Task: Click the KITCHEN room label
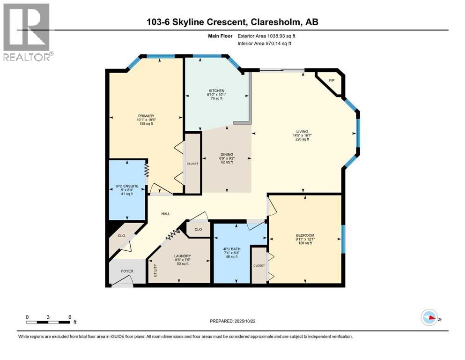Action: click(217, 90)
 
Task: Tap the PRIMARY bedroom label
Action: click(146, 116)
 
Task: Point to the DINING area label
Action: click(227, 154)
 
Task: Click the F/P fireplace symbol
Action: click(332, 81)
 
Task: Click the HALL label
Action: click(165, 214)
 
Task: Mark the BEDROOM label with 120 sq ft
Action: click(304, 235)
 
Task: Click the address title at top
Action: click(232, 22)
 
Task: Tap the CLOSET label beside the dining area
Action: click(192, 164)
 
